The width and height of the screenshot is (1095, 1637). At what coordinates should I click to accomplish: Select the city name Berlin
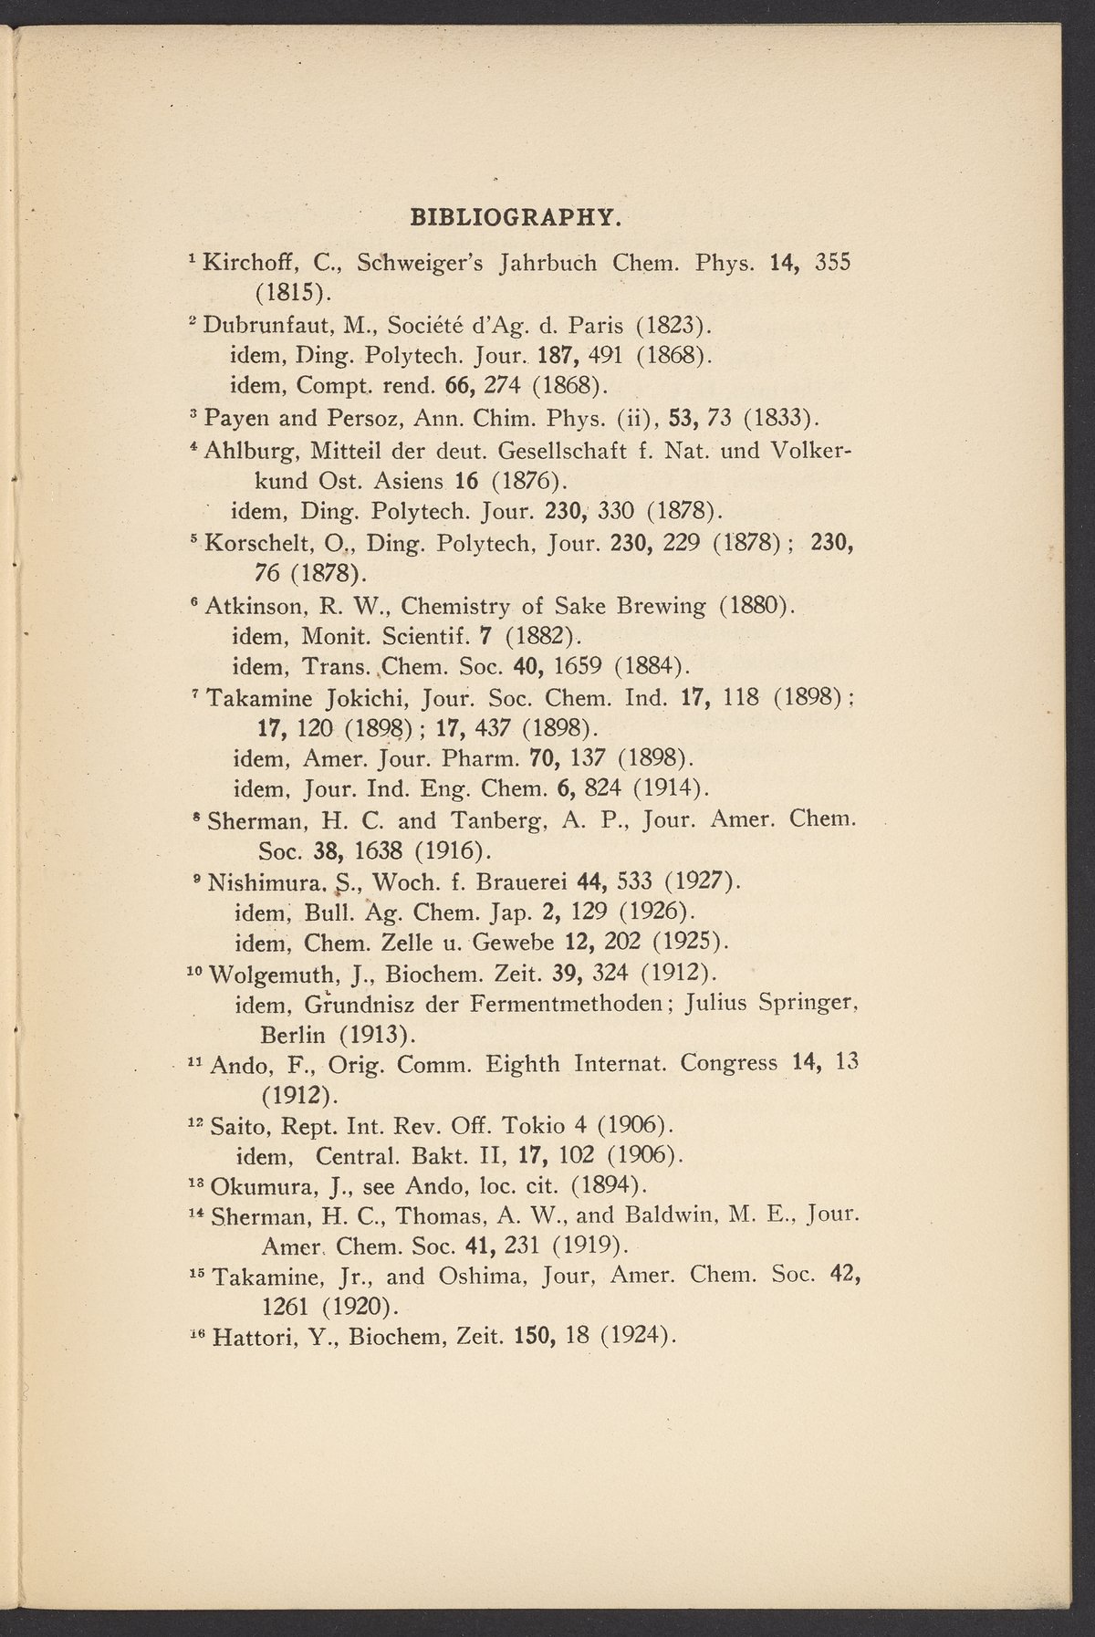[x=294, y=1035]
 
